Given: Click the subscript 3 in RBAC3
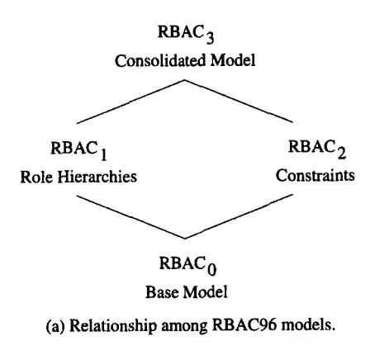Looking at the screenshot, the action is click(x=210, y=38).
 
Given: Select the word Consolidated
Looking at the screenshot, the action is click(x=160, y=60).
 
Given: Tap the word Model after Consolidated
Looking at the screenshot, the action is click(x=233, y=60).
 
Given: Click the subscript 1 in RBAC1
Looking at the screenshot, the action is click(x=103, y=154).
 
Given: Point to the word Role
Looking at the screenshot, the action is click(x=37, y=177).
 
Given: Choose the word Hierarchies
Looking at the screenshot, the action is click(x=97, y=177).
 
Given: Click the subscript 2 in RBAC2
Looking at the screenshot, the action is click(x=342, y=154).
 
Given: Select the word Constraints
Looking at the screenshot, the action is click(x=315, y=175).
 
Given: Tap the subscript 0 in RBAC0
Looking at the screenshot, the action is click(x=212, y=270).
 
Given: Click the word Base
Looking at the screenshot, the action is click(x=162, y=292).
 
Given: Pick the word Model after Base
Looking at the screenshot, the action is click(x=206, y=292).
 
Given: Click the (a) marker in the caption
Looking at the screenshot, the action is click(x=55, y=326).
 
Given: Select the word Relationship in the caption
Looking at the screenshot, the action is click(x=113, y=326).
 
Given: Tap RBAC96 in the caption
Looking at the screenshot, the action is click(x=244, y=325).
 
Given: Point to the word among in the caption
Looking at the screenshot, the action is click(x=184, y=327).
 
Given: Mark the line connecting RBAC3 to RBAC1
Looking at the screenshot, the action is click(x=130, y=102).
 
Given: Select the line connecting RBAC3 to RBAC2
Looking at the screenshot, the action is click(x=239, y=101).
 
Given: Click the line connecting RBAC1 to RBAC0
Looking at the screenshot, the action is click(x=130, y=217).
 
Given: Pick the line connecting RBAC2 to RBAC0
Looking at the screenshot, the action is click(x=239, y=216).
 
